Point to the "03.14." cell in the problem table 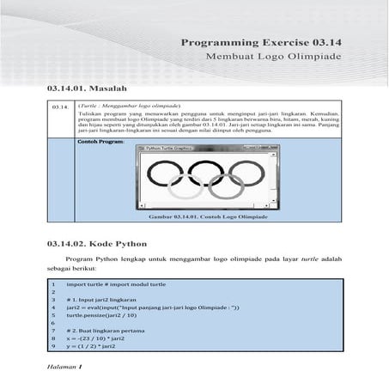[x=60, y=106]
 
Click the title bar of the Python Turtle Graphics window [x=207, y=148]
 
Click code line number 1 [x=53, y=283]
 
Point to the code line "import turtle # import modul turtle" [x=115, y=283]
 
